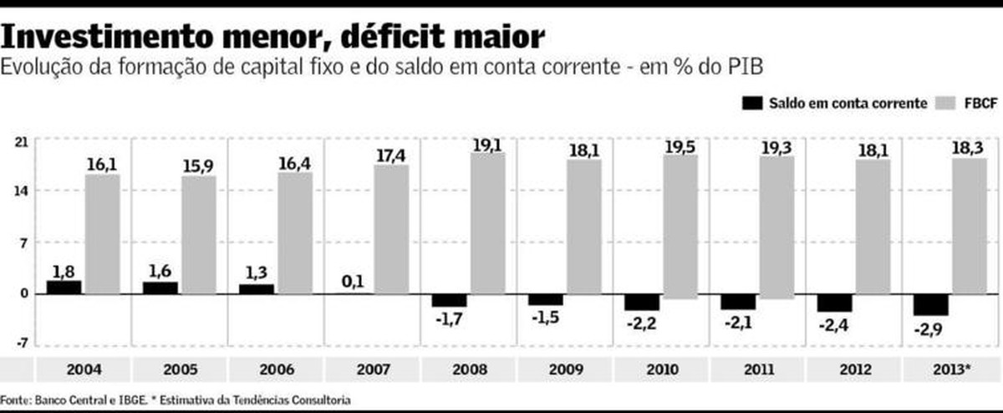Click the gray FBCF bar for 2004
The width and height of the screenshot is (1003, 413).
tap(102, 234)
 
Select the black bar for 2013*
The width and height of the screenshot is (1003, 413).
tap(931, 304)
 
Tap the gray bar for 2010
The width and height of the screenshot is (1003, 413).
tap(680, 226)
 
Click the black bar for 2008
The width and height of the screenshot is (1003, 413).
tap(449, 300)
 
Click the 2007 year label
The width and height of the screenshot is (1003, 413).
tap(372, 369)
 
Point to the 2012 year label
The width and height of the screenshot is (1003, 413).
tap(854, 369)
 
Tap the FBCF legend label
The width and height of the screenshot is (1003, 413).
tap(980, 104)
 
